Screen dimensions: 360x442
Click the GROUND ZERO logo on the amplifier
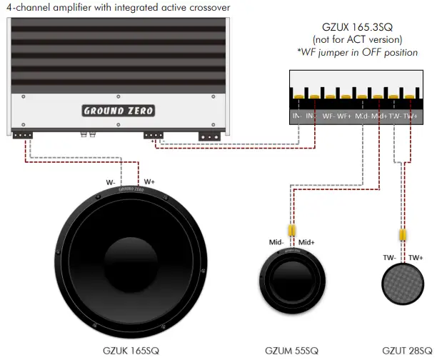[118, 111]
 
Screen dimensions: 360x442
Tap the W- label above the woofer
[111, 182]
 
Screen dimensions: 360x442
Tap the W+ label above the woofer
[150, 182]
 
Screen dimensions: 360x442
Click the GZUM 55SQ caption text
[293, 351]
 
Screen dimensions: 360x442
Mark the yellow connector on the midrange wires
[292, 231]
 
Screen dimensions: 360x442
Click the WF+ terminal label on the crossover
[344, 116]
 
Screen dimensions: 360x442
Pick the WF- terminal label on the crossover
[328, 116]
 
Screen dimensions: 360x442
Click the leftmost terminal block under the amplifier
[24, 134]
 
